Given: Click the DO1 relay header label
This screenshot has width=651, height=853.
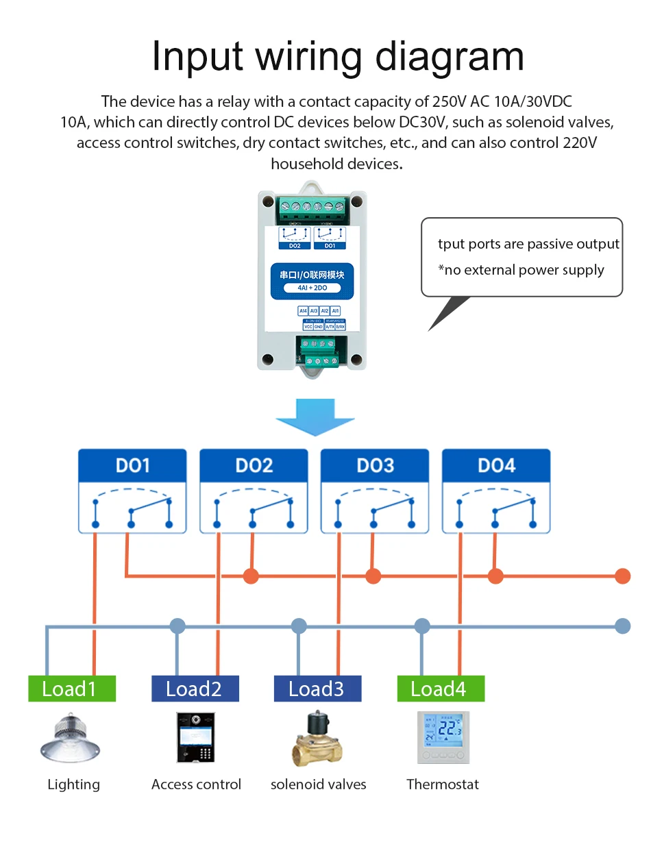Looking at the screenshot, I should pos(132,466).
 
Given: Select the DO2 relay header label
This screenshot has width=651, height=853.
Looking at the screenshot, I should pos(254,466).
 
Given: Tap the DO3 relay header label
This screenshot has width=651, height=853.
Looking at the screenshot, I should pos(375,466).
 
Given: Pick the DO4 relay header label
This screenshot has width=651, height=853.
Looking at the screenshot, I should pos(496,466).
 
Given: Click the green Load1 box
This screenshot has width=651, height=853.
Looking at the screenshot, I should pos(72,689).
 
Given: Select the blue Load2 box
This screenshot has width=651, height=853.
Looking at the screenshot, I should pos(195,689).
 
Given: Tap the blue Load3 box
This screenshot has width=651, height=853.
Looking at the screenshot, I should pos(317,689).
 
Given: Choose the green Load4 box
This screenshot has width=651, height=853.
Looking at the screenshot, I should pos(441,689).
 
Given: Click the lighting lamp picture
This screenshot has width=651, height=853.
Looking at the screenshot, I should pos(71,739).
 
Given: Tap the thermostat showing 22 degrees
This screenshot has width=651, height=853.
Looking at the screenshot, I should pos(443,738).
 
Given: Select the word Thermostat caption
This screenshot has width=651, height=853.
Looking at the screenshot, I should pos(443,784).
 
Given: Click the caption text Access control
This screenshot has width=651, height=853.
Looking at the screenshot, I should pos(196,784).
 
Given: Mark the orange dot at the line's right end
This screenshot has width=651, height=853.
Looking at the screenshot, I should pos(622,576).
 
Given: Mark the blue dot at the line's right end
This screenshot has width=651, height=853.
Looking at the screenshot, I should pos(622,626).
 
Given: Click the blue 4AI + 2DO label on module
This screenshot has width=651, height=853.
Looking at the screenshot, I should pos(312,288).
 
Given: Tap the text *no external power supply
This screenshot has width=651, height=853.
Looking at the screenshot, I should pos(521,270).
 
